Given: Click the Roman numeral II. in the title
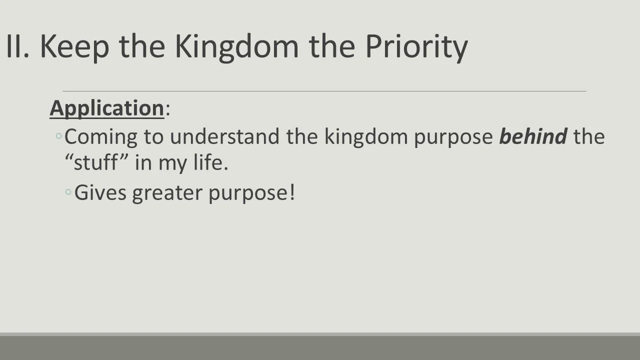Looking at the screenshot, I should pyautogui.click(x=17, y=46).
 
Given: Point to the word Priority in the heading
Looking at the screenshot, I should pyautogui.click(x=416, y=47).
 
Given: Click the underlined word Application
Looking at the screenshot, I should pyautogui.click(x=106, y=108).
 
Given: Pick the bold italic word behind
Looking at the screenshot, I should pyautogui.click(x=533, y=136).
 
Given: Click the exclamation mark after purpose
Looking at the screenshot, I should pyautogui.click(x=292, y=192).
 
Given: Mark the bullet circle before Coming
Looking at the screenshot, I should pyautogui.click(x=59, y=136).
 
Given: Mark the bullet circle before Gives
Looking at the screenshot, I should pyautogui.click(x=68, y=192).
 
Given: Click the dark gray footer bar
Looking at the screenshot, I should pyautogui.click(x=320, y=347).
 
